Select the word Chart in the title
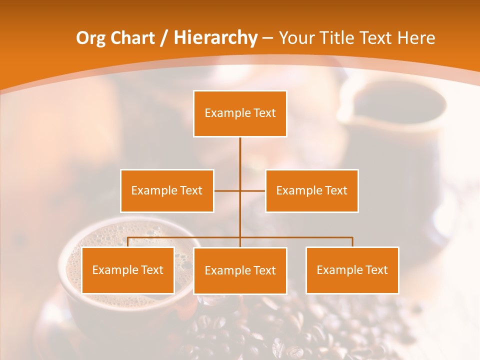coord(131,38)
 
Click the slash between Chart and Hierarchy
coord(164,38)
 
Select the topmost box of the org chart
coord(240,113)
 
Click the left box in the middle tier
coord(167,190)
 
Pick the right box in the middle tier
coord(312,190)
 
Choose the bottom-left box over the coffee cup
coord(128,270)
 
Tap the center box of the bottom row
coord(240,270)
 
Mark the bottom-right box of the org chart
coord(352,270)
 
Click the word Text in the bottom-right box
coord(376,270)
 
